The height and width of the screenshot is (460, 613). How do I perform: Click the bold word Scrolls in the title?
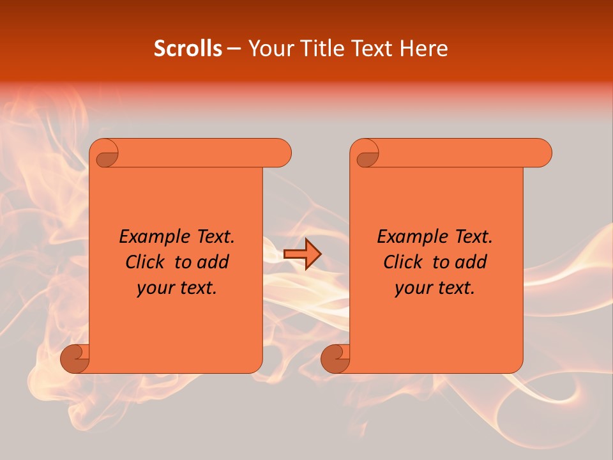click(188, 49)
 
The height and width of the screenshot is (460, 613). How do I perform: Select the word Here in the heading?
click(425, 49)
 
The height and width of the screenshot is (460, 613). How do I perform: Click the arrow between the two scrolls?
click(302, 254)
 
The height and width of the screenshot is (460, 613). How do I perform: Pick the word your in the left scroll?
click(155, 289)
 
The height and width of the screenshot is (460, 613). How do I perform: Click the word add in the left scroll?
click(213, 262)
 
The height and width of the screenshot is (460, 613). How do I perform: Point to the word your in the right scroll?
click(412, 289)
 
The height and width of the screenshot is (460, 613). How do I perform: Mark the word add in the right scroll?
click(471, 262)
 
